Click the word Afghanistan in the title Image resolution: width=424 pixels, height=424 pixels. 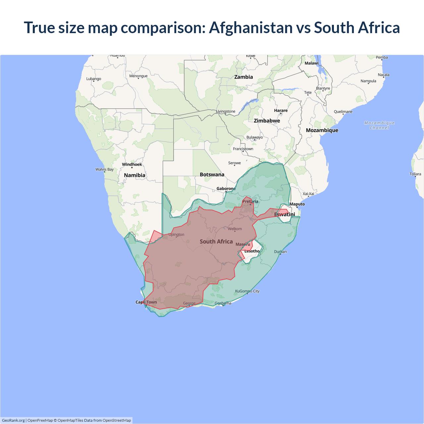point(251,28)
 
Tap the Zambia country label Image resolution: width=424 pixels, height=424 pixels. point(243,77)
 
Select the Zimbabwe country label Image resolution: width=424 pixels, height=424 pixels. point(267,121)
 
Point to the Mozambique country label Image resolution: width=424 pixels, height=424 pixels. point(322,131)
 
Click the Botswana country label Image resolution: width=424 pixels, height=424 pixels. point(212,175)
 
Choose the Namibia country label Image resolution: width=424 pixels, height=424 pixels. point(134,175)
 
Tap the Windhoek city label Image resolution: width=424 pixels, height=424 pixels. point(132,165)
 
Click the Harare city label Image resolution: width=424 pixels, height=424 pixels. point(281,111)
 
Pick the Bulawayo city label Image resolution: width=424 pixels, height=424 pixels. point(254,137)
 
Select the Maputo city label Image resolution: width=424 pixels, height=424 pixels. point(297,204)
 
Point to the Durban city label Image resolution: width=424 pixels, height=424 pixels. point(280,252)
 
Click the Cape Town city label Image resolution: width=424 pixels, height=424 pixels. point(146,302)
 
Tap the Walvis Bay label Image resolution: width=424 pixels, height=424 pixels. point(104,170)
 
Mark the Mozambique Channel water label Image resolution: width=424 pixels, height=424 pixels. point(379,125)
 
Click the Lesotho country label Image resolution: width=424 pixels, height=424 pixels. point(252,251)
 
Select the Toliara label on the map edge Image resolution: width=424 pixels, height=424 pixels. point(415,174)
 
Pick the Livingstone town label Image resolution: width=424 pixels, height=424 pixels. point(226,112)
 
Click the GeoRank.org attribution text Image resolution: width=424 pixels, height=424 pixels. point(13,420)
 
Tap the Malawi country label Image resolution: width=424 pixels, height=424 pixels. point(311,63)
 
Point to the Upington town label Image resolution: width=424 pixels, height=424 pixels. point(176,235)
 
